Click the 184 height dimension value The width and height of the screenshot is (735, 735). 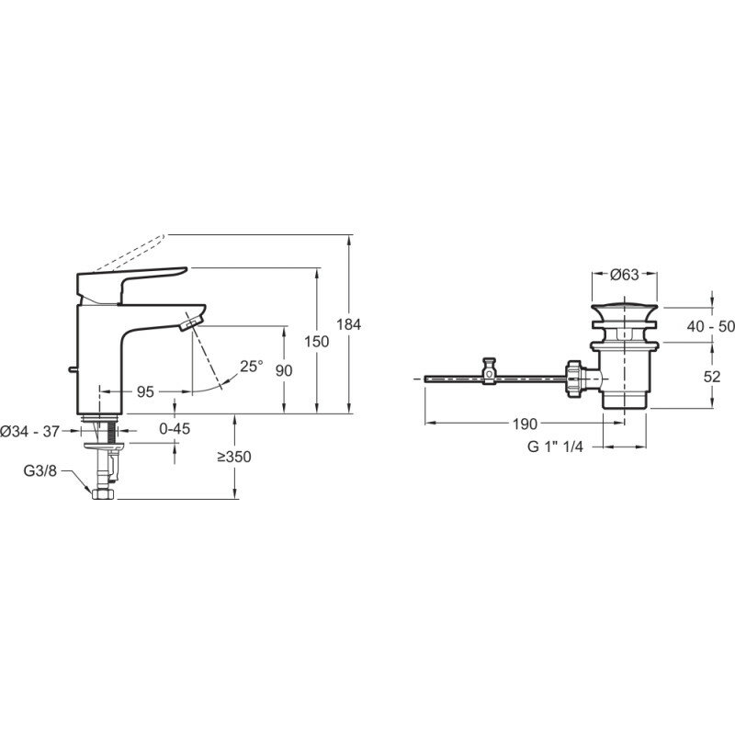(350, 324)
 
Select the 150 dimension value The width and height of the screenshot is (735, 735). (316, 341)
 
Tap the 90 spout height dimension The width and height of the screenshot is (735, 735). (284, 369)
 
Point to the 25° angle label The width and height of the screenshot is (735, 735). (251, 366)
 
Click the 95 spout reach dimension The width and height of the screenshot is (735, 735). (145, 391)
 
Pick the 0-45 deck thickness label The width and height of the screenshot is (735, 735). (175, 427)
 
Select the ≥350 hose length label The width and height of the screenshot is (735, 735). (235, 457)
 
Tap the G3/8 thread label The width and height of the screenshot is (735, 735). (40, 472)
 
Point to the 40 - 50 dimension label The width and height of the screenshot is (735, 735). (710, 325)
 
